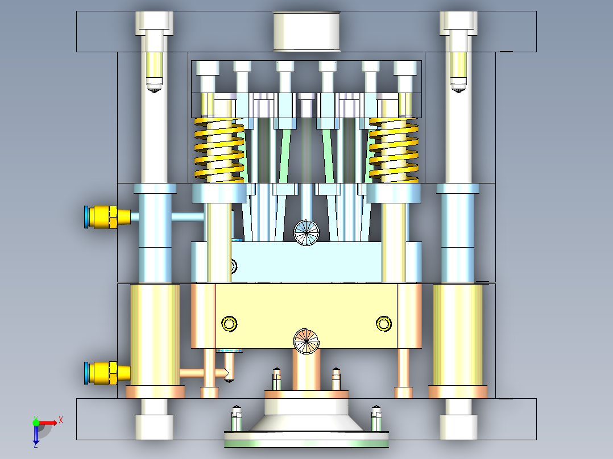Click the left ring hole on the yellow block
pos(229,324)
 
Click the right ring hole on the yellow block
pos(384,324)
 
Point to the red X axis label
pos(60,420)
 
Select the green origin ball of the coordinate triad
pos(36,422)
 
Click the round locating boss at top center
pos(306,31)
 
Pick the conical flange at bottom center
pos(306,423)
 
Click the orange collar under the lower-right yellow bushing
pos(458,392)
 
